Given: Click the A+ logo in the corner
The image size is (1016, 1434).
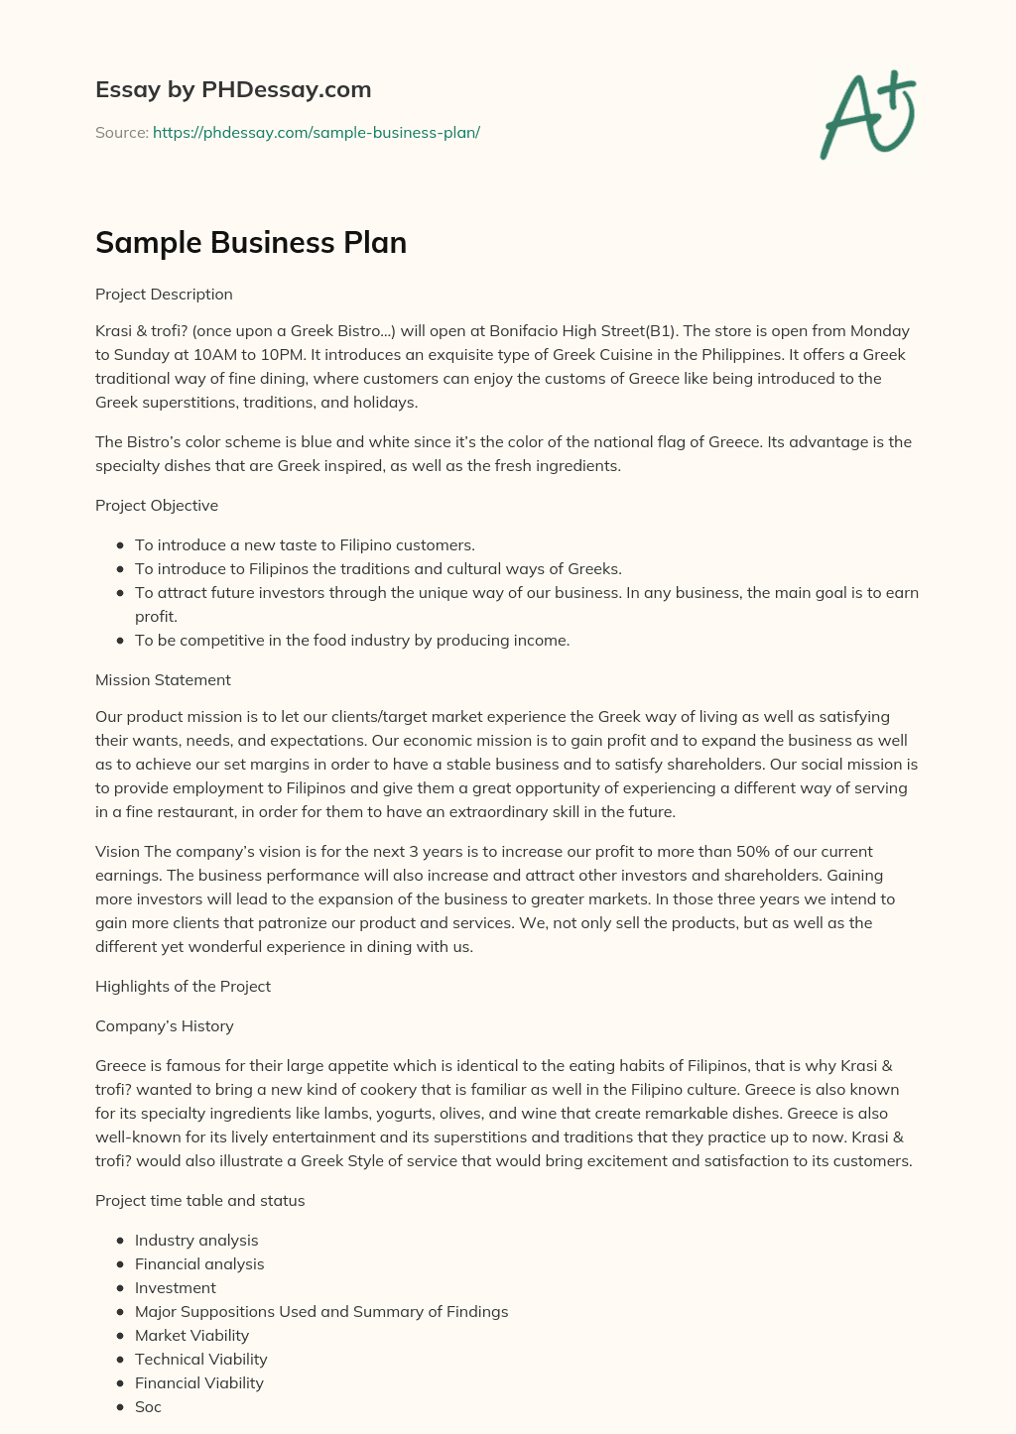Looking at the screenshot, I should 868,114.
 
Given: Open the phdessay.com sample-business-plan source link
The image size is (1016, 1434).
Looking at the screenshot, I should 316,132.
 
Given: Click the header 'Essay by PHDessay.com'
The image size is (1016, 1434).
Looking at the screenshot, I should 233,89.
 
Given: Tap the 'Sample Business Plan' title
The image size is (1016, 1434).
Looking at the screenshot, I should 251,243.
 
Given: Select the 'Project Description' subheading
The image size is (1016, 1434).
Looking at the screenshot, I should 164,295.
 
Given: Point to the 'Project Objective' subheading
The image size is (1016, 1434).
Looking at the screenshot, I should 157,506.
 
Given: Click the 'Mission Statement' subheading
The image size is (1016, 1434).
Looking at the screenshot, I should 163,680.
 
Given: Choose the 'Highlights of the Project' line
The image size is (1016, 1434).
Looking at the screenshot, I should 183,987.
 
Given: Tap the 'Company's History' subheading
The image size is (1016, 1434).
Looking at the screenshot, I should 165,1026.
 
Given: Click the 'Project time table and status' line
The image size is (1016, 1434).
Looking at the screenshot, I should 199,1201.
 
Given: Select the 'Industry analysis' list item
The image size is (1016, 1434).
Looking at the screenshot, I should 196,1241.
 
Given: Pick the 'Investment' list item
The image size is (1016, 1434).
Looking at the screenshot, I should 176,1288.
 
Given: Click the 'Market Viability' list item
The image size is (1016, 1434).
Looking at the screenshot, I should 191,1336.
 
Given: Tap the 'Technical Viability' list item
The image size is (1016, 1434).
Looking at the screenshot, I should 201,1360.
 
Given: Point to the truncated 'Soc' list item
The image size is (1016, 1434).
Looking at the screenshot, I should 148,1407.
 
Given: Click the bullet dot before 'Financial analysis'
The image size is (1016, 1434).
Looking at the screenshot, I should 120,1264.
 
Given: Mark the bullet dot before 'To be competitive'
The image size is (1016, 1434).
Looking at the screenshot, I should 120,641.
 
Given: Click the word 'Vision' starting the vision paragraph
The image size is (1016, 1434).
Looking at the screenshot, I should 117,852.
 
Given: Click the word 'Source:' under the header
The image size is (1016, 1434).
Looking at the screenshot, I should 121,132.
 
